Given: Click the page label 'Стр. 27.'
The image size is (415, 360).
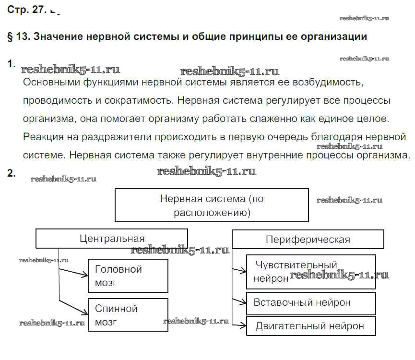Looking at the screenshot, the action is (27, 10).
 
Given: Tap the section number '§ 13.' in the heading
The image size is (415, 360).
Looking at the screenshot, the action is (19, 36).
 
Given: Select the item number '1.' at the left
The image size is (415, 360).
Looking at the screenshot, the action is (12, 64).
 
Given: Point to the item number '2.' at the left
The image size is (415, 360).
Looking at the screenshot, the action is (12, 173).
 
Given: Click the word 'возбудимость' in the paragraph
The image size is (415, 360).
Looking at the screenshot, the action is (328, 83).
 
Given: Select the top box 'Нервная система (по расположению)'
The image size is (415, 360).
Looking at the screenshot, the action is (212, 205).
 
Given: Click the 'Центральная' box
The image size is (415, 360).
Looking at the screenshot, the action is (112, 239).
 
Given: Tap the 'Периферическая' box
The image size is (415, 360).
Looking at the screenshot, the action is (308, 240).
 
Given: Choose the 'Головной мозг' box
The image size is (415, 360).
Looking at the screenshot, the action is (128, 276).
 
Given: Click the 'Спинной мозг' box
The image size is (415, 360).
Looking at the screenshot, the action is (128, 315).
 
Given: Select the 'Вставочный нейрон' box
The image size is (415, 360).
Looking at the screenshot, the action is (311, 303).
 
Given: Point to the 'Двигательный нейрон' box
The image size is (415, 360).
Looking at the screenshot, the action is (311, 326).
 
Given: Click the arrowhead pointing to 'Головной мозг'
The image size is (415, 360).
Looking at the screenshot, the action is (85, 275).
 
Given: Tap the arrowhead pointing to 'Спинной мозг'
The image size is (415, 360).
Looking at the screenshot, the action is (85, 312).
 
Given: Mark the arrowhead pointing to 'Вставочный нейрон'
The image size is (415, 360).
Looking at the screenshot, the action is (243, 302).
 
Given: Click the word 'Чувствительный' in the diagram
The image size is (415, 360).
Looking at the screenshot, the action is (296, 265).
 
